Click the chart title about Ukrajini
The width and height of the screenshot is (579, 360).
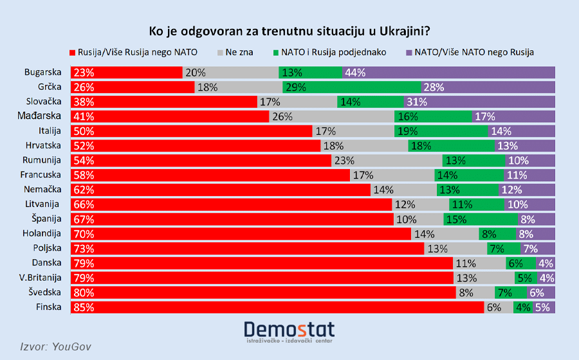click(x=289, y=31)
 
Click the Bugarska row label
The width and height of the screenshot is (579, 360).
click(x=42, y=73)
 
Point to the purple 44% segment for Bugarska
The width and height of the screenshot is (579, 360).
click(x=449, y=73)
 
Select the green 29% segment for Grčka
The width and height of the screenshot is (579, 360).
click(x=352, y=87)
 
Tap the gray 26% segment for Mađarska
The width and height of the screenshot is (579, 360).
click(x=331, y=116)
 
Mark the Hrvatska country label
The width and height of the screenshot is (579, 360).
click(x=43, y=146)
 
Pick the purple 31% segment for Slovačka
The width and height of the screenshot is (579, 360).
click(x=479, y=102)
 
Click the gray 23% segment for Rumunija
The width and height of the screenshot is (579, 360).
click(x=387, y=161)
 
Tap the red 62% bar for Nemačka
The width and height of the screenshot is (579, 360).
click(x=221, y=190)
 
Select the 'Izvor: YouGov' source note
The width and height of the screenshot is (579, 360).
click(x=57, y=346)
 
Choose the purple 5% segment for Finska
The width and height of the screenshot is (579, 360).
click(x=544, y=307)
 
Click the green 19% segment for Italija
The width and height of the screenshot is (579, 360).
click(x=441, y=131)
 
